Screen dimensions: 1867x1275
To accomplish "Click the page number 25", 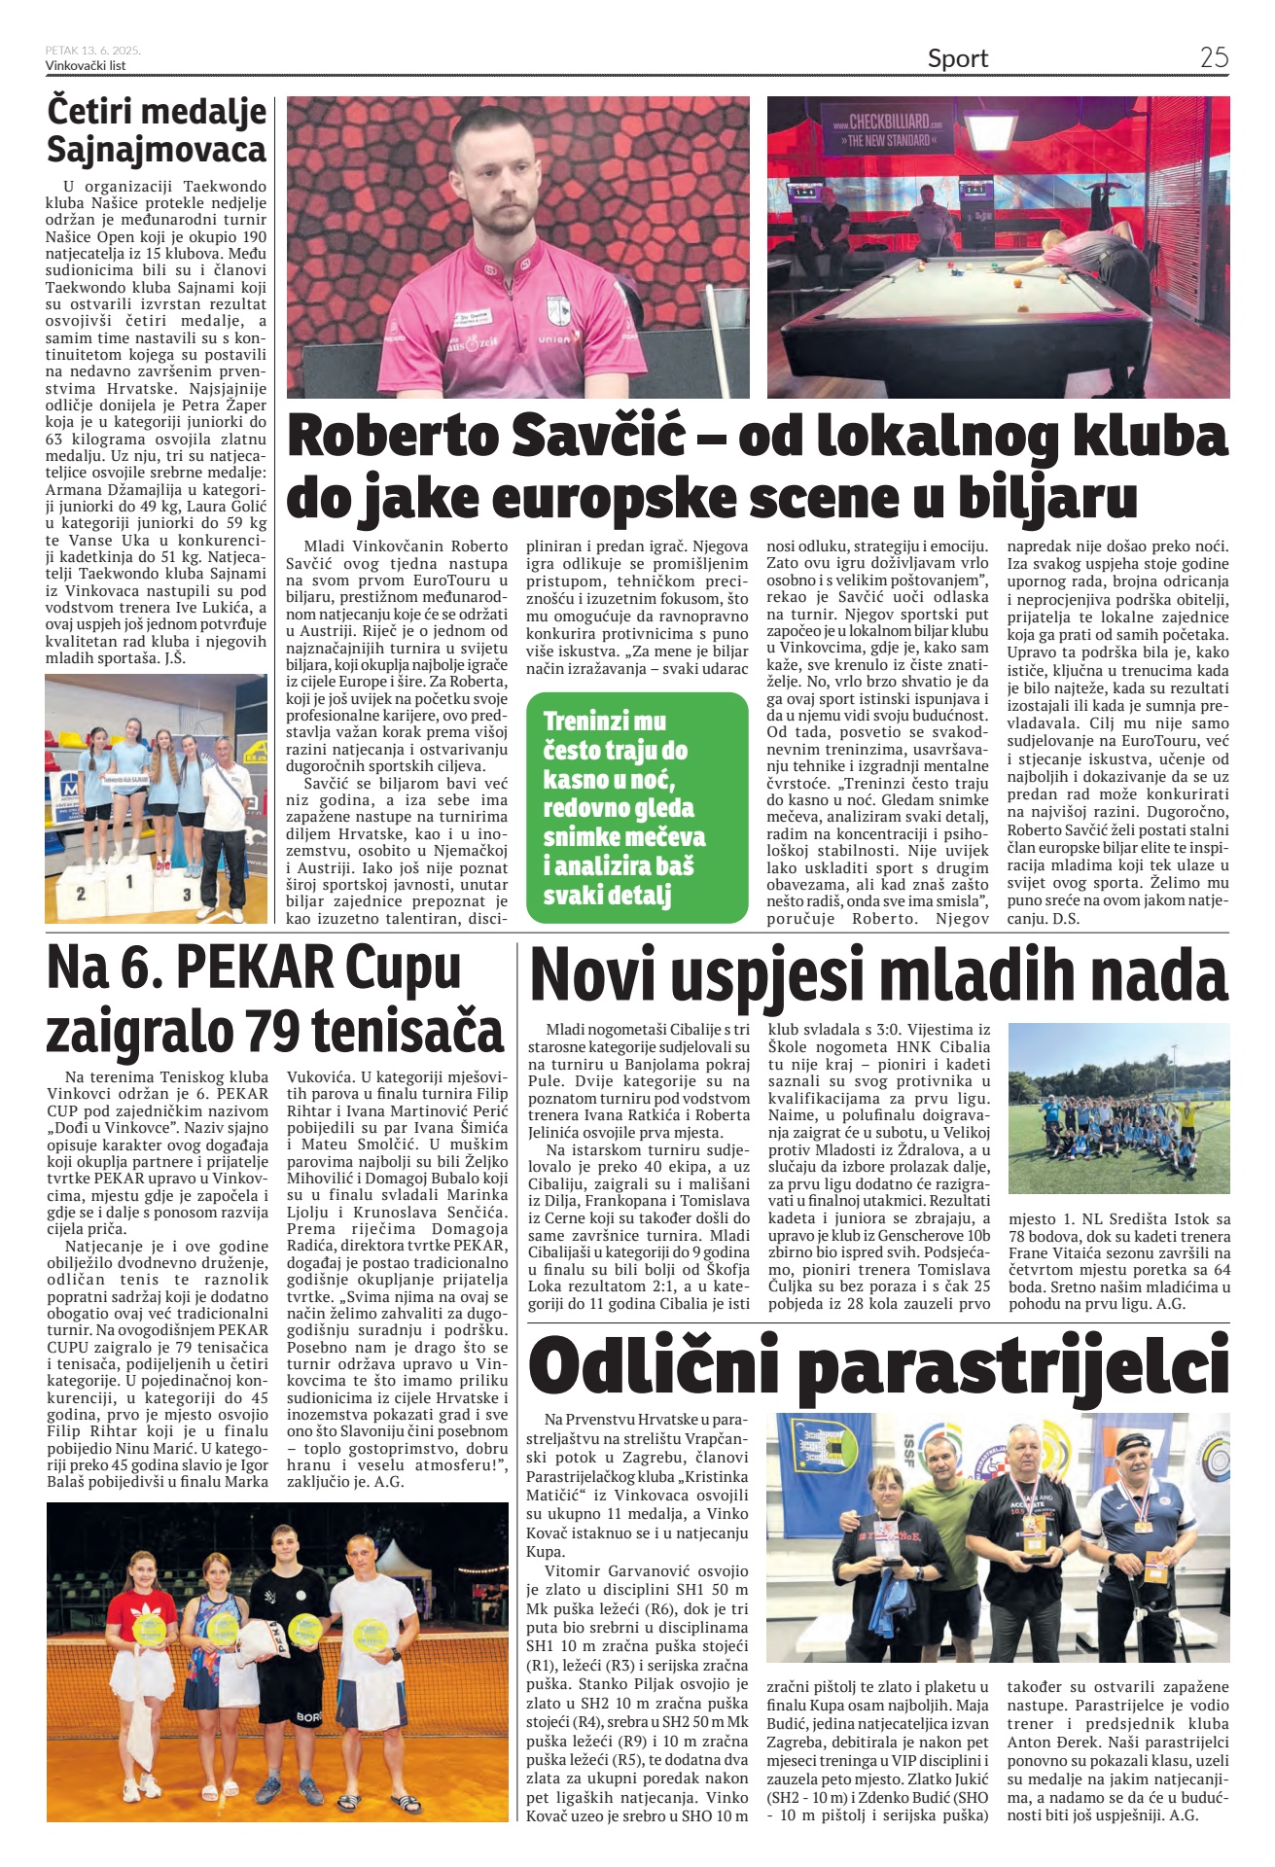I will pos(1214,57).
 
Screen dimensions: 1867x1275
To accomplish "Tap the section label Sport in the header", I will pos(957,59).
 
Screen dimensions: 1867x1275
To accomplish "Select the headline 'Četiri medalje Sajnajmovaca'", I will pos(157,130).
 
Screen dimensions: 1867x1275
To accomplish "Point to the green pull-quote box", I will pos(637,807).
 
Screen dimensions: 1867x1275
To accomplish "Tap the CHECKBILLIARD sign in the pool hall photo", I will pos(887,130).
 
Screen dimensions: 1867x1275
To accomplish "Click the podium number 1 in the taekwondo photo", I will pos(129,882).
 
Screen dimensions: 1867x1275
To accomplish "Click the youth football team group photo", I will pos(1118,1109).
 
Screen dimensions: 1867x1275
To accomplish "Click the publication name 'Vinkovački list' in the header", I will pos(86,66).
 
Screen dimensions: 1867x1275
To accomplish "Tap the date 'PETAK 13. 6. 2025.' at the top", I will pos(92,50).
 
